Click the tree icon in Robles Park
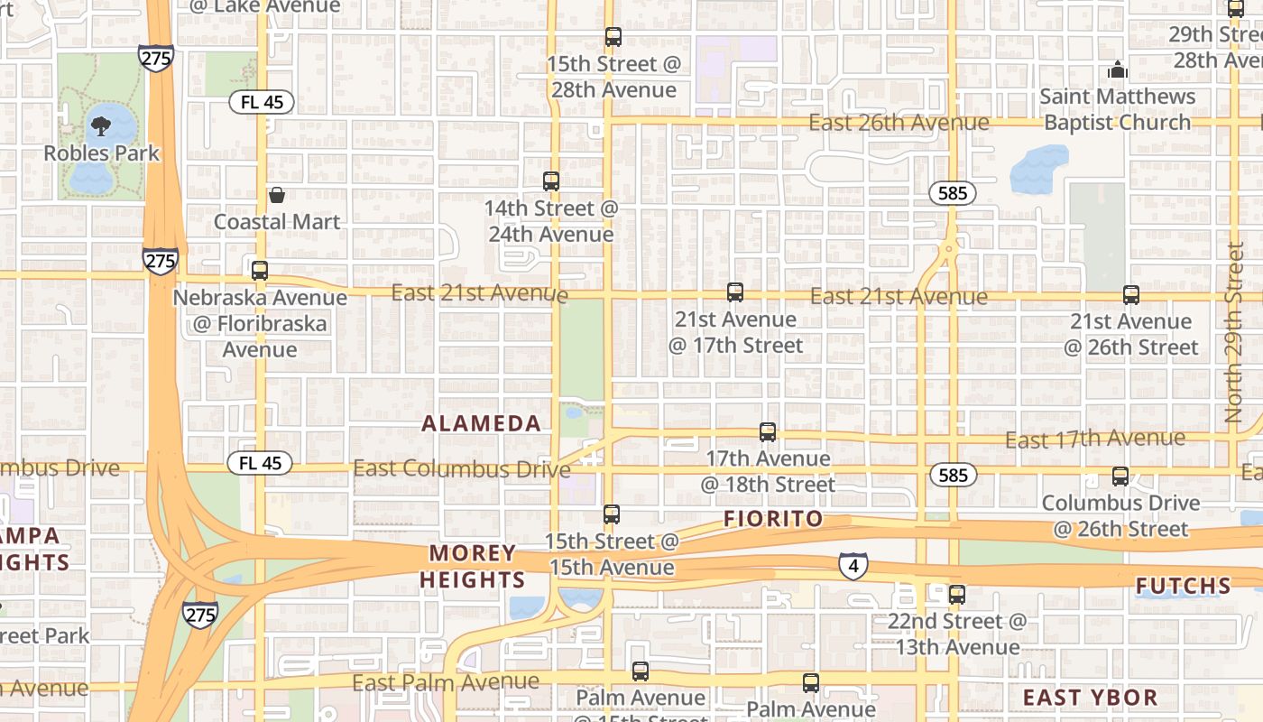(x=101, y=125)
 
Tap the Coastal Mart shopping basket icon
(x=277, y=195)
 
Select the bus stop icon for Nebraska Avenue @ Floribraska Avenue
(x=260, y=270)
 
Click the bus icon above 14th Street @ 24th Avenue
(x=551, y=180)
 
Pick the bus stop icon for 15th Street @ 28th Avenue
(x=613, y=37)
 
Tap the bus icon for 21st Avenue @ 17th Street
(x=735, y=292)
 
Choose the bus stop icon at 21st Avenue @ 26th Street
(x=1131, y=294)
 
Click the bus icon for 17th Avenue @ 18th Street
(x=768, y=432)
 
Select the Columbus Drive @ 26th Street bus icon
(x=1120, y=476)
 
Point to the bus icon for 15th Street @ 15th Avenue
(x=612, y=514)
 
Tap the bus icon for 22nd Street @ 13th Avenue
(x=957, y=595)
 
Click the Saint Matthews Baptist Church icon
(x=1117, y=69)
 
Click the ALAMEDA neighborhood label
(x=482, y=423)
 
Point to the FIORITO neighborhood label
(x=774, y=519)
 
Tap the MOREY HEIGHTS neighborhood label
(x=473, y=566)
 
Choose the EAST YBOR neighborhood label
(x=1091, y=697)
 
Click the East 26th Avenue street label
(x=899, y=122)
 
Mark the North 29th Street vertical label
(x=1235, y=332)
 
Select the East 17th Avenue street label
(x=1095, y=440)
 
